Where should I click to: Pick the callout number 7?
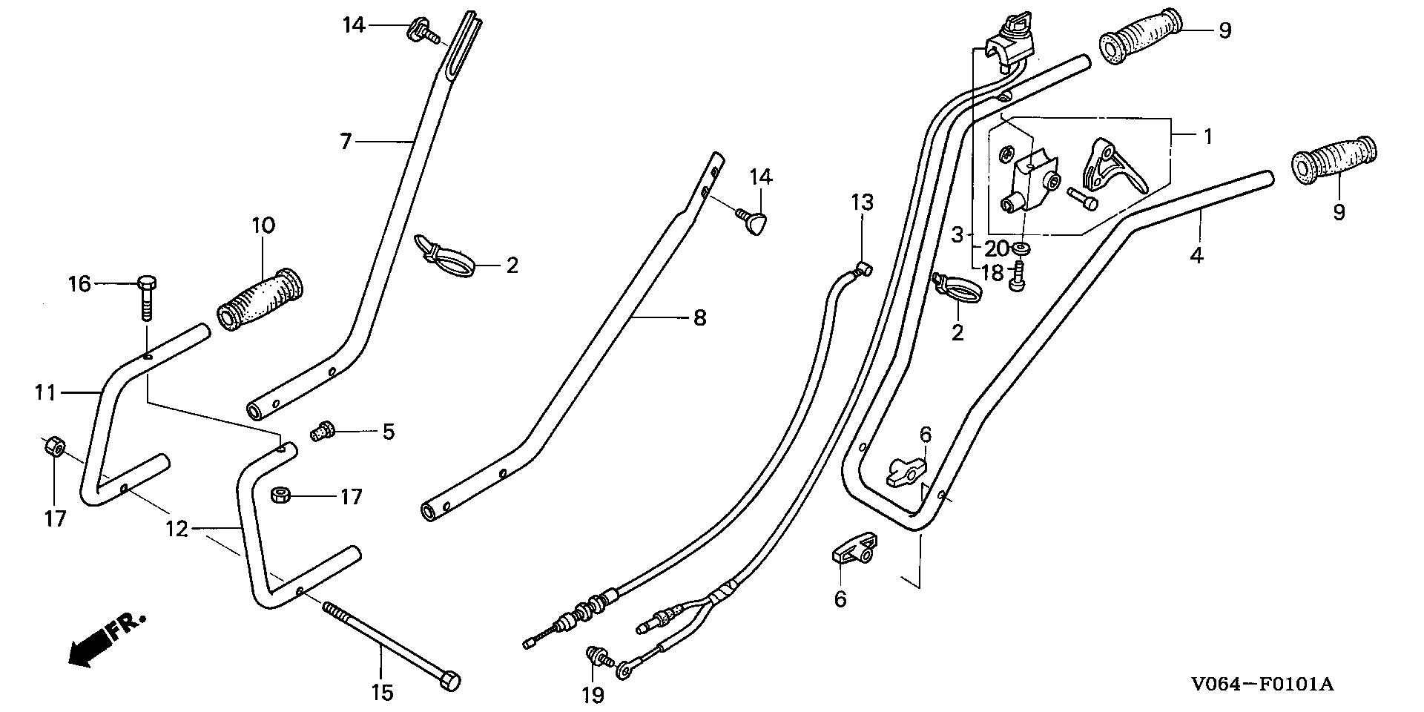346,141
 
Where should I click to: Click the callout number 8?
699,319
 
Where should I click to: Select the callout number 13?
862,202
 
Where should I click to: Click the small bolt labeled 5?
324,429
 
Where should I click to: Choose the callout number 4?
1196,256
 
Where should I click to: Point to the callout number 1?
1207,136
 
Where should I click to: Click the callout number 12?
177,530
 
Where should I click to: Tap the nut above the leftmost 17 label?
53,446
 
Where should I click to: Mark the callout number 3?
957,235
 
